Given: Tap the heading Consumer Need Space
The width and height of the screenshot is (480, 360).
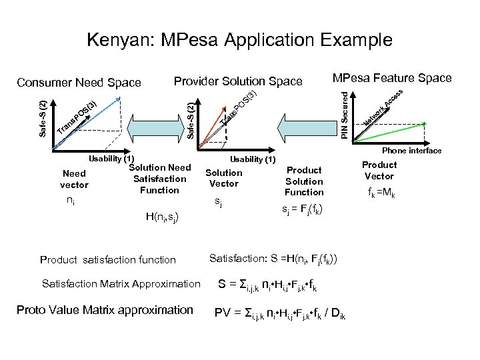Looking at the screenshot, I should (79, 83).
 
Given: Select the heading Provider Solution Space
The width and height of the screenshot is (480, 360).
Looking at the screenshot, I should (237, 81).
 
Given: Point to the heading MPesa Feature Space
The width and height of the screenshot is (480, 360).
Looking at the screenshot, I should (392, 78).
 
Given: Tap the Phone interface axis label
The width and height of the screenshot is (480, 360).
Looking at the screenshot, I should (411, 151).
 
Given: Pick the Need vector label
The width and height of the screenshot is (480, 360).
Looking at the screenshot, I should (74, 179).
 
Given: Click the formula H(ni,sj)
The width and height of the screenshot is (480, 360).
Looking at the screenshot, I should (162, 216).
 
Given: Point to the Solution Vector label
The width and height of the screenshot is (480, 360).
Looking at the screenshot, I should (224, 178).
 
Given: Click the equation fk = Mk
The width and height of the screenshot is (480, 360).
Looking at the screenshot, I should (379, 195).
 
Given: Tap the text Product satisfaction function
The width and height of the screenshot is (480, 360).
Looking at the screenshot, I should (108, 260).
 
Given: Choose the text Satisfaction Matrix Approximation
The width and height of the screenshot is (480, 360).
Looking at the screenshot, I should (121, 284).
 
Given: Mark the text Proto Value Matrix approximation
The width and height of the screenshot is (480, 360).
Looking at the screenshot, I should (105, 310).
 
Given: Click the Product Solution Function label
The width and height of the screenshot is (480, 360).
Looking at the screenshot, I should (304, 181).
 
